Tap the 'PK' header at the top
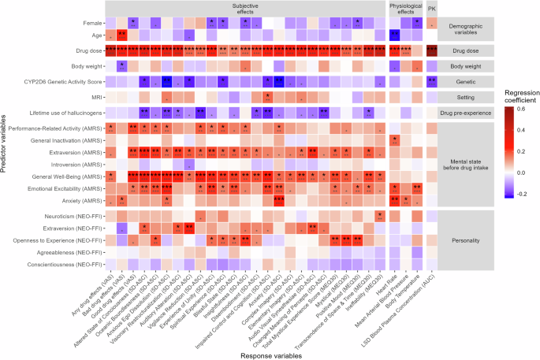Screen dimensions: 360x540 tap(432, 8)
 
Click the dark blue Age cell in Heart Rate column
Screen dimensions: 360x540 tap(394, 35)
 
